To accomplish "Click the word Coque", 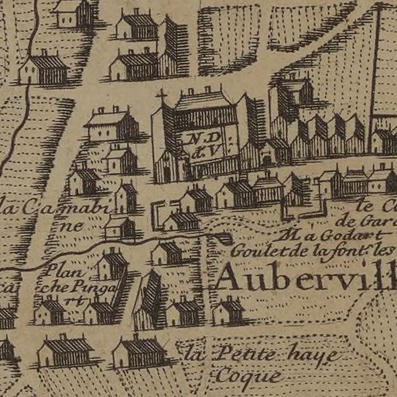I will (250, 375).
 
